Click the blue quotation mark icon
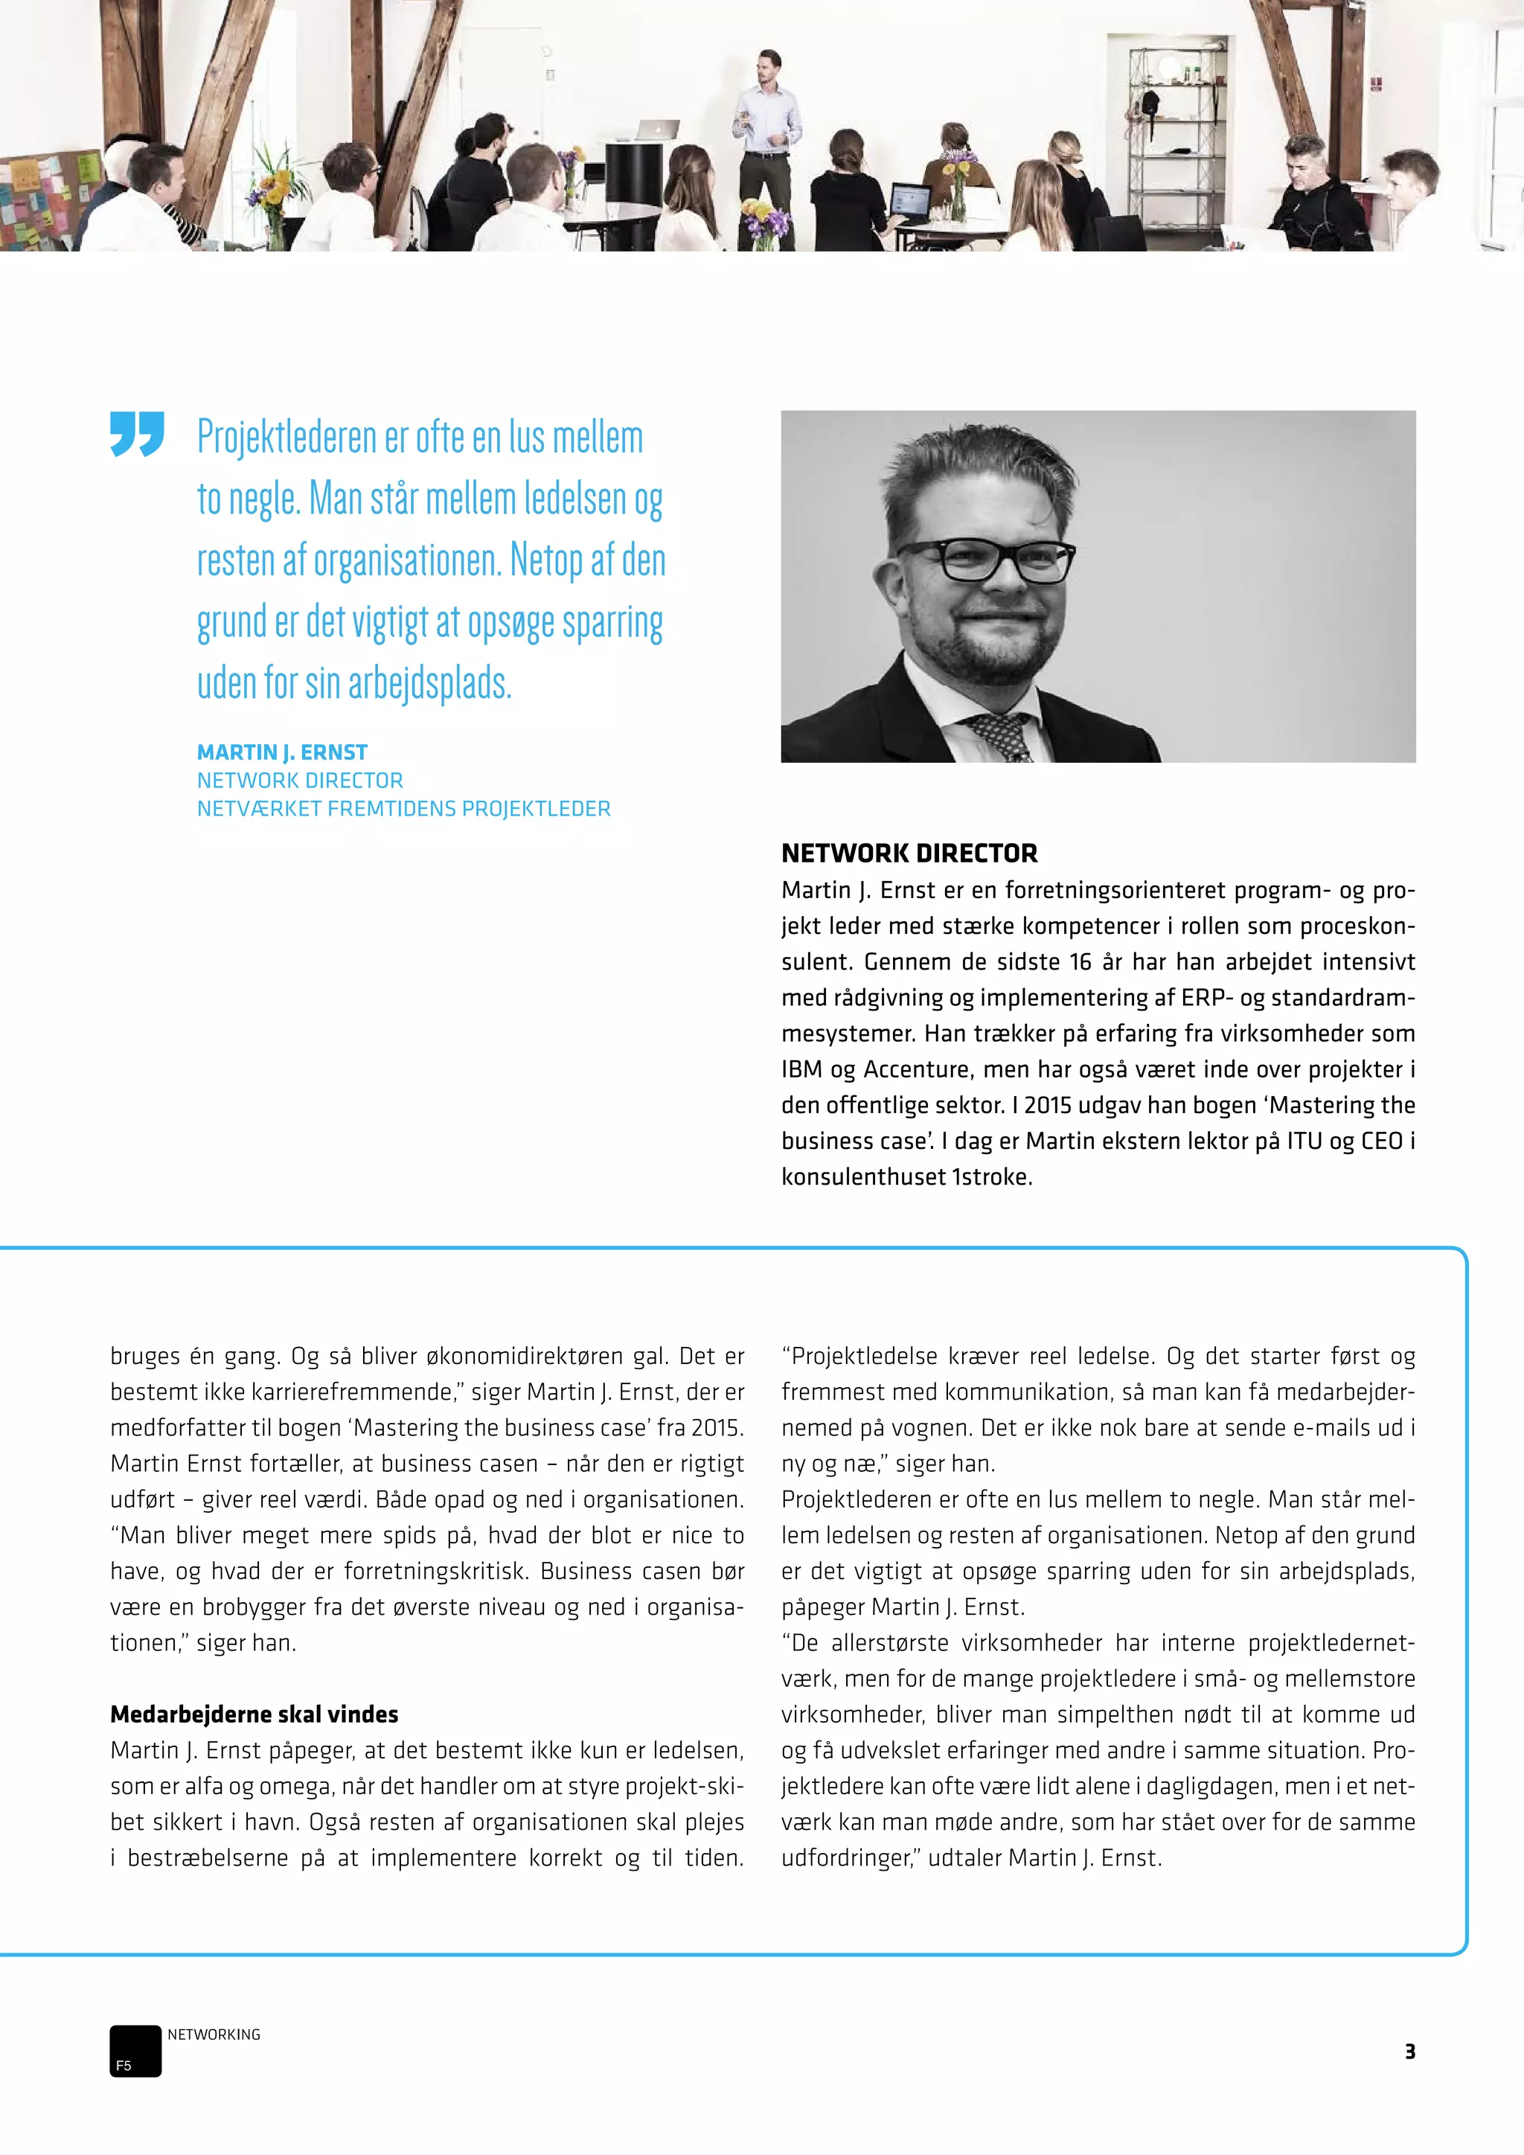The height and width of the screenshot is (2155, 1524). click(137, 434)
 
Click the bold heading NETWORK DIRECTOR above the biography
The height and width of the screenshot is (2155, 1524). click(909, 854)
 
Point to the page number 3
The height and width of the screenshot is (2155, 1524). click(1409, 2051)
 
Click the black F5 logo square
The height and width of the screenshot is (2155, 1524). click(135, 2050)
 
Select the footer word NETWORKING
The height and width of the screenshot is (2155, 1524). click(214, 2034)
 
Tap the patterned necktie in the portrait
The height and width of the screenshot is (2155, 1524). click(1002, 735)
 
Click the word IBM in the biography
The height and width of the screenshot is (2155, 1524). click(801, 1069)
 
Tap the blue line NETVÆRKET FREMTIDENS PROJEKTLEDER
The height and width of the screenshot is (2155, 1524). click(403, 808)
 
